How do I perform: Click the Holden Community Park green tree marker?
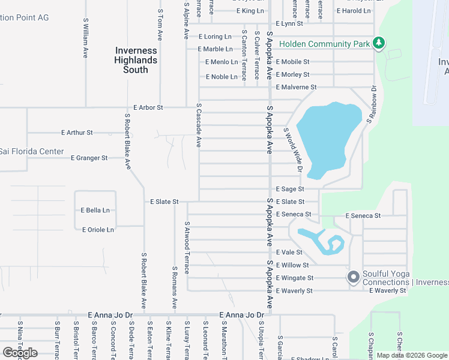(x=379, y=43)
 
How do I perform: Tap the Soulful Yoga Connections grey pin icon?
(x=354, y=277)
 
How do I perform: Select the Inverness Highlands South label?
(x=136, y=60)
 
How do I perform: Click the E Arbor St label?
(x=148, y=107)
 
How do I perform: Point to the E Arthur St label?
(x=77, y=132)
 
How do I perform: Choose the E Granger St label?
(x=89, y=158)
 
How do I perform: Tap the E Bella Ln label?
(x=95, y=210)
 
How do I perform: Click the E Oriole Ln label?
(x=97, y=230)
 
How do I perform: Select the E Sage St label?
(x=290, y=188)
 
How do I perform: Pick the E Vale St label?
(x=289, y=252)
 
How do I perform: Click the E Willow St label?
(x=292, y=265)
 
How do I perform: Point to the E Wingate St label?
(x=295, y=278)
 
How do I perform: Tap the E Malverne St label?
(x=296, y=87)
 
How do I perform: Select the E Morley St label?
(x=292, y=74)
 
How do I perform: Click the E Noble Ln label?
(x=221, y=77)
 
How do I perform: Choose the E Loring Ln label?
(x=218, y=36)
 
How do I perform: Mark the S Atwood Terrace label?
(x=187, y=247)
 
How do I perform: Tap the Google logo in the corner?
(x=20, y=353)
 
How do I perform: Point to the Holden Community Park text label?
(x=324, y=44)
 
